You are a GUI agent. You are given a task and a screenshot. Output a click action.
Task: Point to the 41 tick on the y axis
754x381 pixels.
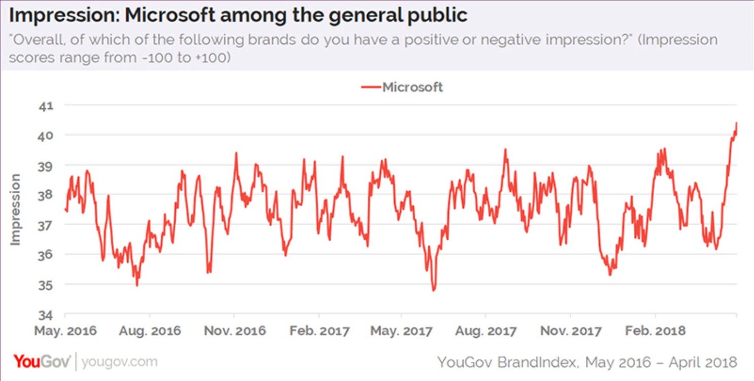coord(46,106)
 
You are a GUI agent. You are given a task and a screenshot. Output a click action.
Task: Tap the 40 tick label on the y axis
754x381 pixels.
coord(46,136)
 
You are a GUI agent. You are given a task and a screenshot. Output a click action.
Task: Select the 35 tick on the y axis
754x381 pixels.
coord(46,285)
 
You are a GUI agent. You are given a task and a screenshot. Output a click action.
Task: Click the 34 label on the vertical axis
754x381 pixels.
coord(46,315)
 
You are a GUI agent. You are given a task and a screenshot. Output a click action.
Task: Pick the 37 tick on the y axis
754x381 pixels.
coord(46,225)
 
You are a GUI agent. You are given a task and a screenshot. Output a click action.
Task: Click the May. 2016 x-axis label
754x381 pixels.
coord(65,331)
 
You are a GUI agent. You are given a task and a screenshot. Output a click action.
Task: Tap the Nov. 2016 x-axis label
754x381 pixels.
coord(235,331)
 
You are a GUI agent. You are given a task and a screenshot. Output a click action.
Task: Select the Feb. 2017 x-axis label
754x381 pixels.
coord(320,331)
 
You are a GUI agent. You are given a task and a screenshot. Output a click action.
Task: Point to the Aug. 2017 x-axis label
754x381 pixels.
coord(486,331)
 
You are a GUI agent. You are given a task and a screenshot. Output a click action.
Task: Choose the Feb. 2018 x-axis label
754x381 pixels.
coord(655,331)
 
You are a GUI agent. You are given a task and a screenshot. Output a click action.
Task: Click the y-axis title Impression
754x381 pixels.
coord(16,210)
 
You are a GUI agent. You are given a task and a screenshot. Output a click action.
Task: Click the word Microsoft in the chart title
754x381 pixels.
coord(170,15)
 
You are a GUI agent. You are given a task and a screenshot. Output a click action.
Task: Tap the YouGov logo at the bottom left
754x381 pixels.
coord(41,362)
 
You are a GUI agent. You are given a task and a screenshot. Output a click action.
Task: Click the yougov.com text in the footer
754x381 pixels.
coord(119,362)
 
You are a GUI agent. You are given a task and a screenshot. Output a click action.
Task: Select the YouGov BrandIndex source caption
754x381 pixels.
coord(587,362)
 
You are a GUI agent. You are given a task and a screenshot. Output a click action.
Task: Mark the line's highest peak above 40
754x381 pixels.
coord(736,123)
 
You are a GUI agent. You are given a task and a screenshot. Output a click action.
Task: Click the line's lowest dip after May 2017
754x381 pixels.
coord(434,290)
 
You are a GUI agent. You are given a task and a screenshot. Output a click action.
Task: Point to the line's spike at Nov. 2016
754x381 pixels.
coord(236,153)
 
